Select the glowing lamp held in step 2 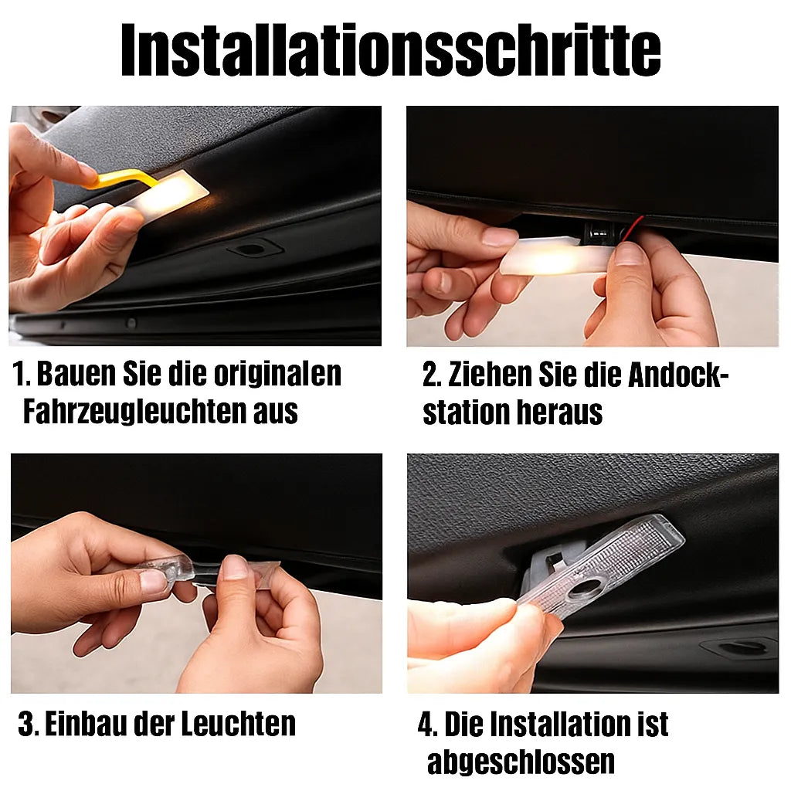point(548,259)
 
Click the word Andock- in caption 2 point(677,376)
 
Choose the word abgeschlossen point(521,762)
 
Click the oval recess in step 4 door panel point(731,648)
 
